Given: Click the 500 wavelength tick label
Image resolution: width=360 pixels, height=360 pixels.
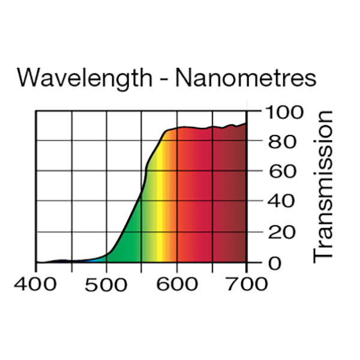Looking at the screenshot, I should tap(107, 283).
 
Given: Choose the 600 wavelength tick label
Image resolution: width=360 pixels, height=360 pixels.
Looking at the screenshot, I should tap(176, 283).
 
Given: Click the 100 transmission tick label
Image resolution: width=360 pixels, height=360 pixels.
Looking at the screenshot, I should tap(281, 112).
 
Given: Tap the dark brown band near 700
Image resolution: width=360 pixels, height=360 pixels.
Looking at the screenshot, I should tap(239, 198).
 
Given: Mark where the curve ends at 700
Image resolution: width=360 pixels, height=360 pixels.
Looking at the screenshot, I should tap(246, 124).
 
